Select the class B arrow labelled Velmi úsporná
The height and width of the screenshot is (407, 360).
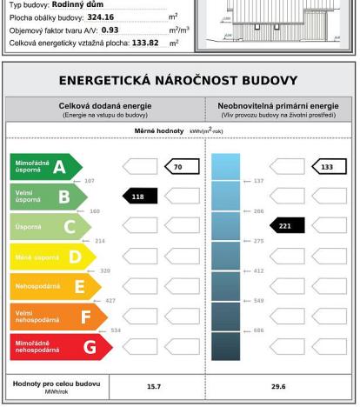coord(48,197)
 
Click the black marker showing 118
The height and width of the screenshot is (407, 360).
coord(138,197)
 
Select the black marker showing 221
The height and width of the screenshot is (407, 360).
coord(287,226)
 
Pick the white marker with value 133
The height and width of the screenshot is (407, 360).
coord(328,166)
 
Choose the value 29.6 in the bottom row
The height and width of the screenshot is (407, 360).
coord(277,386)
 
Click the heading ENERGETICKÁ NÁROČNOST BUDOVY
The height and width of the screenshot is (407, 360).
coord(179,81)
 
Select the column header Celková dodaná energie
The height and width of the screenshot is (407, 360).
coord(105,104)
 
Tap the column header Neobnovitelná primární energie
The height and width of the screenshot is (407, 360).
coord(278,104)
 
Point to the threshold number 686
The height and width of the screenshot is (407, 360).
coord(257,330)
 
